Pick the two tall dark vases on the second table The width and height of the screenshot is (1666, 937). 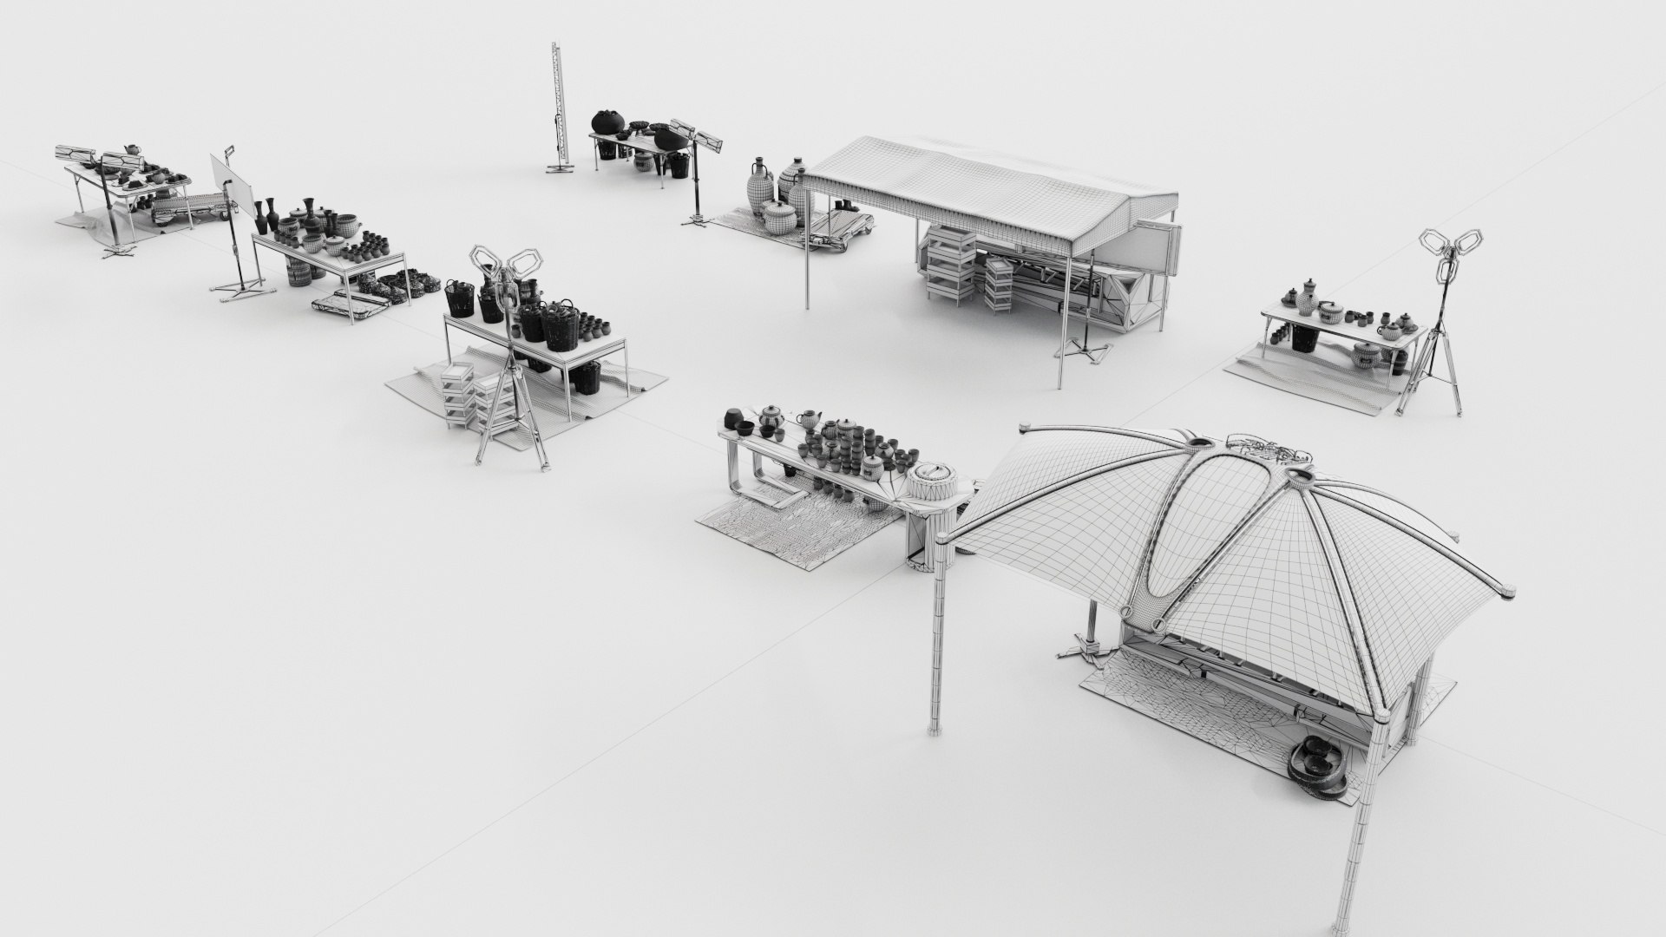(266, 210)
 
